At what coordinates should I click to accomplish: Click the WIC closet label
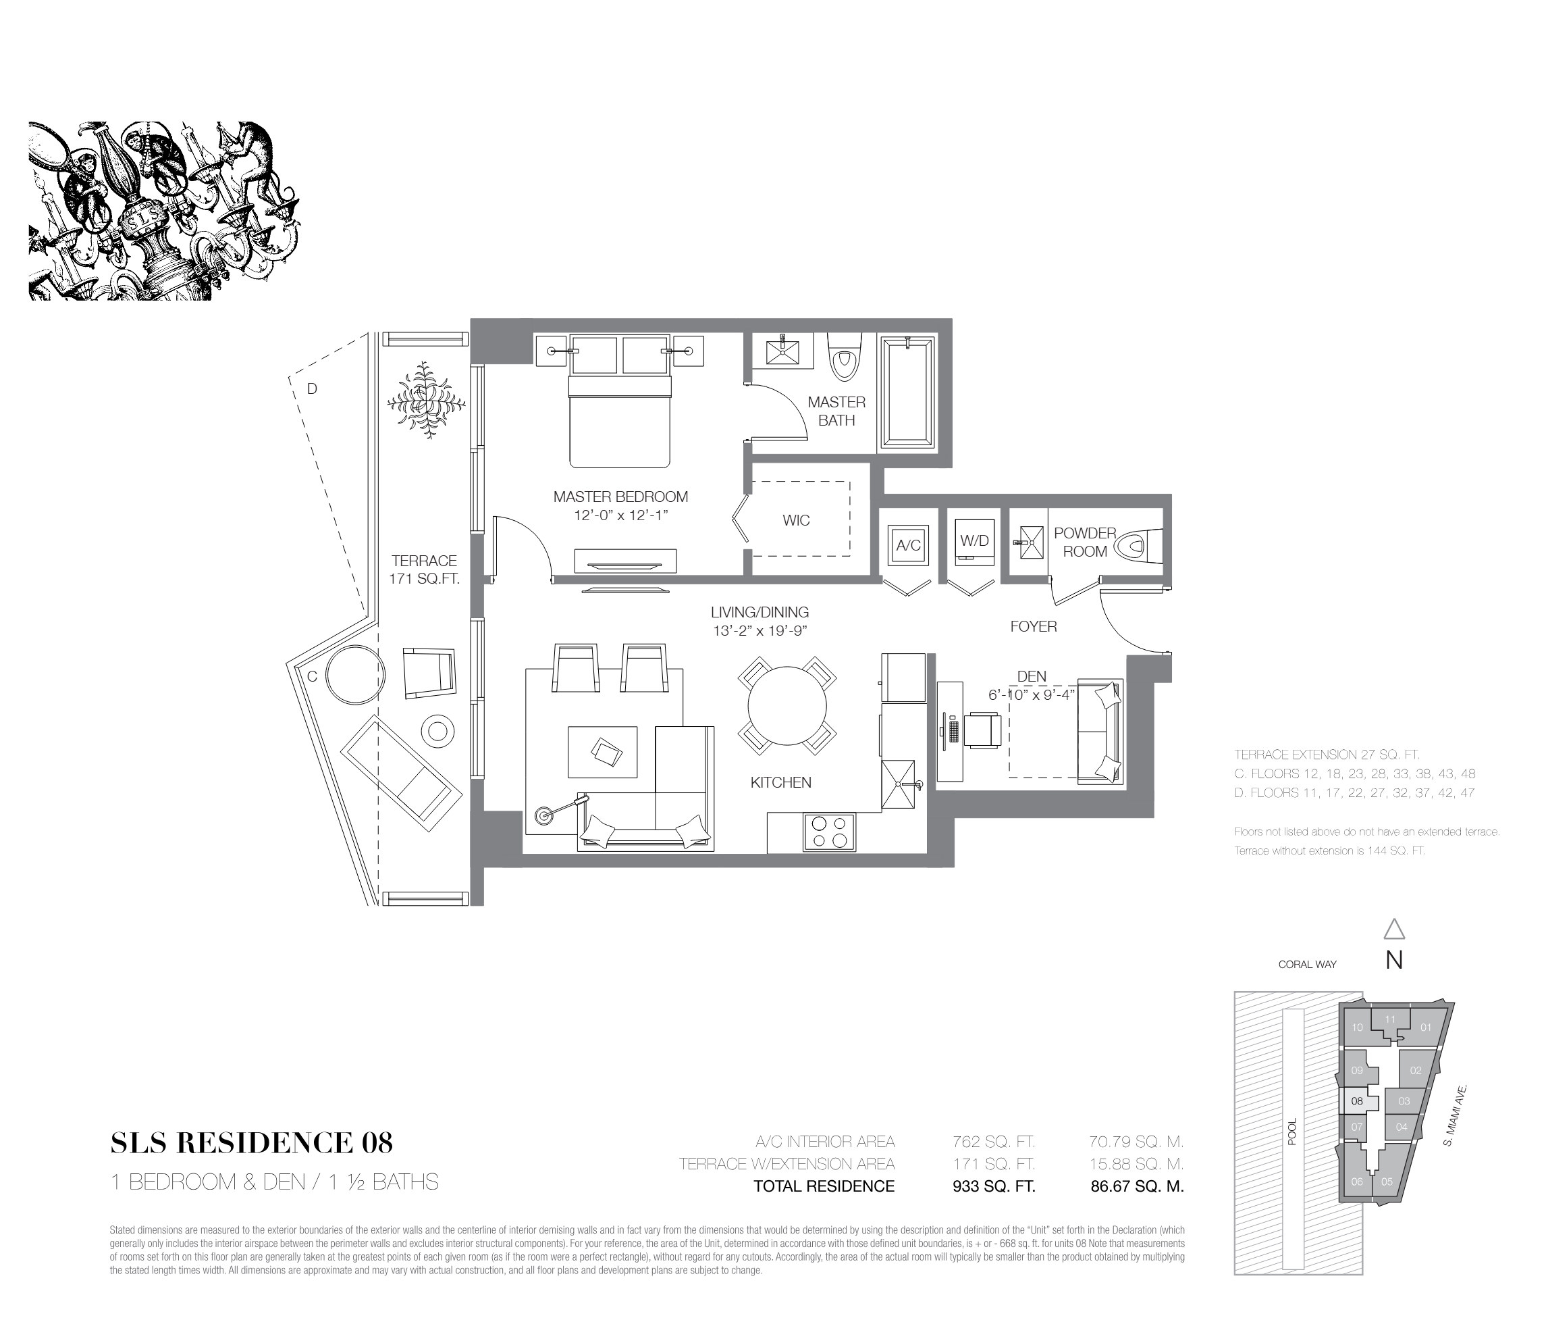795,520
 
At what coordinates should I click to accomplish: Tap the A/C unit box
908,545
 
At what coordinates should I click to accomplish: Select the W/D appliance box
974,541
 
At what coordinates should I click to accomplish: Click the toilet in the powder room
1139,545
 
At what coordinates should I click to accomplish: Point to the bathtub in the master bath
907,393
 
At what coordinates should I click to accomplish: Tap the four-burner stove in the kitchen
829,832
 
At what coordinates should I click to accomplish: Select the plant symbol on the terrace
426,400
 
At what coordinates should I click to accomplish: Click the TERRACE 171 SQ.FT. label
424,569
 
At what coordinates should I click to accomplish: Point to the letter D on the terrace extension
313,388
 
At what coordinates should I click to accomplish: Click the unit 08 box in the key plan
1357,1100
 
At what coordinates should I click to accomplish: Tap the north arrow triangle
1394,930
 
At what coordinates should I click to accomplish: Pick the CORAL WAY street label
1307,964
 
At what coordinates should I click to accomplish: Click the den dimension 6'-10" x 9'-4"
1031,694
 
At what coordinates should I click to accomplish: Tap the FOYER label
1034,626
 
